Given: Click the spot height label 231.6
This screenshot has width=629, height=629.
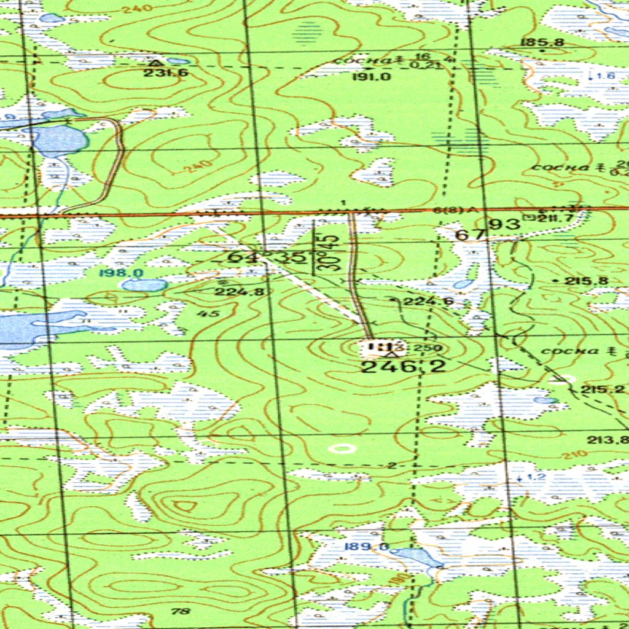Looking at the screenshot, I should (157, 72).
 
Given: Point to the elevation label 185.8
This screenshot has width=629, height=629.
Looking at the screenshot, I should (533, 42).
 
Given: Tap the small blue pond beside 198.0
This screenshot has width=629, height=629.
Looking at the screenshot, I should (144, 285).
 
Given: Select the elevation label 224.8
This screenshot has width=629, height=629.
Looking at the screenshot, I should (239, 292).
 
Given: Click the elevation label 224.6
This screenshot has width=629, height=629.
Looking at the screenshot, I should (421, 301).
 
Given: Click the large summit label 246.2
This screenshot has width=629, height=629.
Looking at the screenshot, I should (402, 367).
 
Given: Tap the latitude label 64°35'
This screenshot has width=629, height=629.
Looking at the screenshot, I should (266, 257).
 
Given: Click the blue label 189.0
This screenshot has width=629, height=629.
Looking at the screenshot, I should (375, 547).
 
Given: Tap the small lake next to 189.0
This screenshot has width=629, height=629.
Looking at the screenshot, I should (418, 557).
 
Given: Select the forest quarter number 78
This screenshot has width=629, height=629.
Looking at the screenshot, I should (181, 611).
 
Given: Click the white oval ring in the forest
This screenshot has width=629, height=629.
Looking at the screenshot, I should (341, 448).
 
